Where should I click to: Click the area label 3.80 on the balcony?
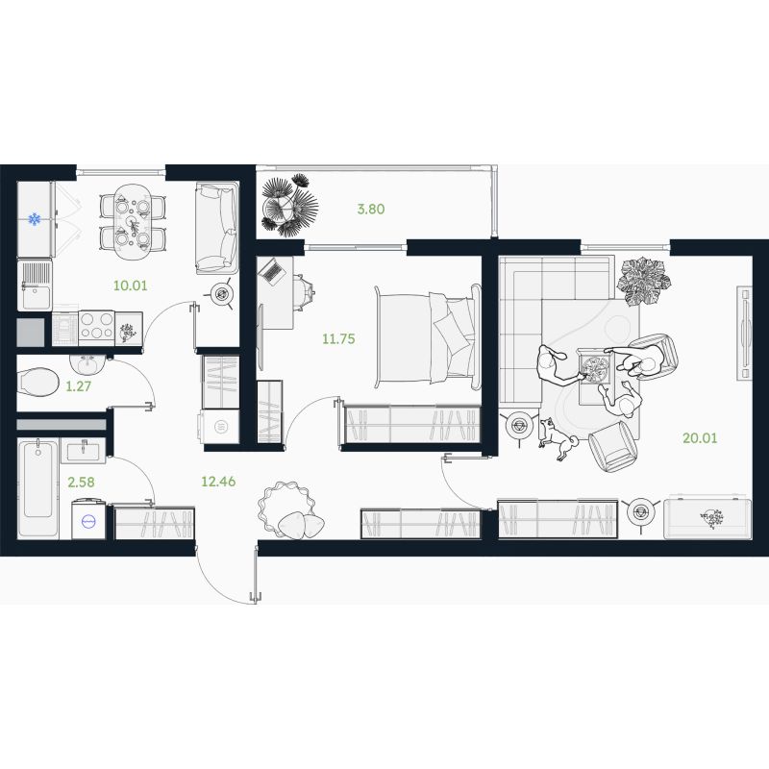371,209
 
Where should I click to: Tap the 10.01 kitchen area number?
130,285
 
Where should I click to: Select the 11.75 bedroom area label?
338,339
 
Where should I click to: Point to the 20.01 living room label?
700,438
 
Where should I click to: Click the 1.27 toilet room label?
79,386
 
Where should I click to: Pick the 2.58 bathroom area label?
81,483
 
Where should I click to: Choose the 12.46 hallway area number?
218,482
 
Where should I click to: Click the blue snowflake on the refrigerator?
35,219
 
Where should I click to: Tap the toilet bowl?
37,383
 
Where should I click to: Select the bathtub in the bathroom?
37,488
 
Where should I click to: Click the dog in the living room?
559,439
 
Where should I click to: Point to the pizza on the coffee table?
594,369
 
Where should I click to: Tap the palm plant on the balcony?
289,205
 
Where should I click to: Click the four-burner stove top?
96,327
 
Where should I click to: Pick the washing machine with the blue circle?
88,520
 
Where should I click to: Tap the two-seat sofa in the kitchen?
217,229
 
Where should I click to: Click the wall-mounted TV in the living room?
744,333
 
